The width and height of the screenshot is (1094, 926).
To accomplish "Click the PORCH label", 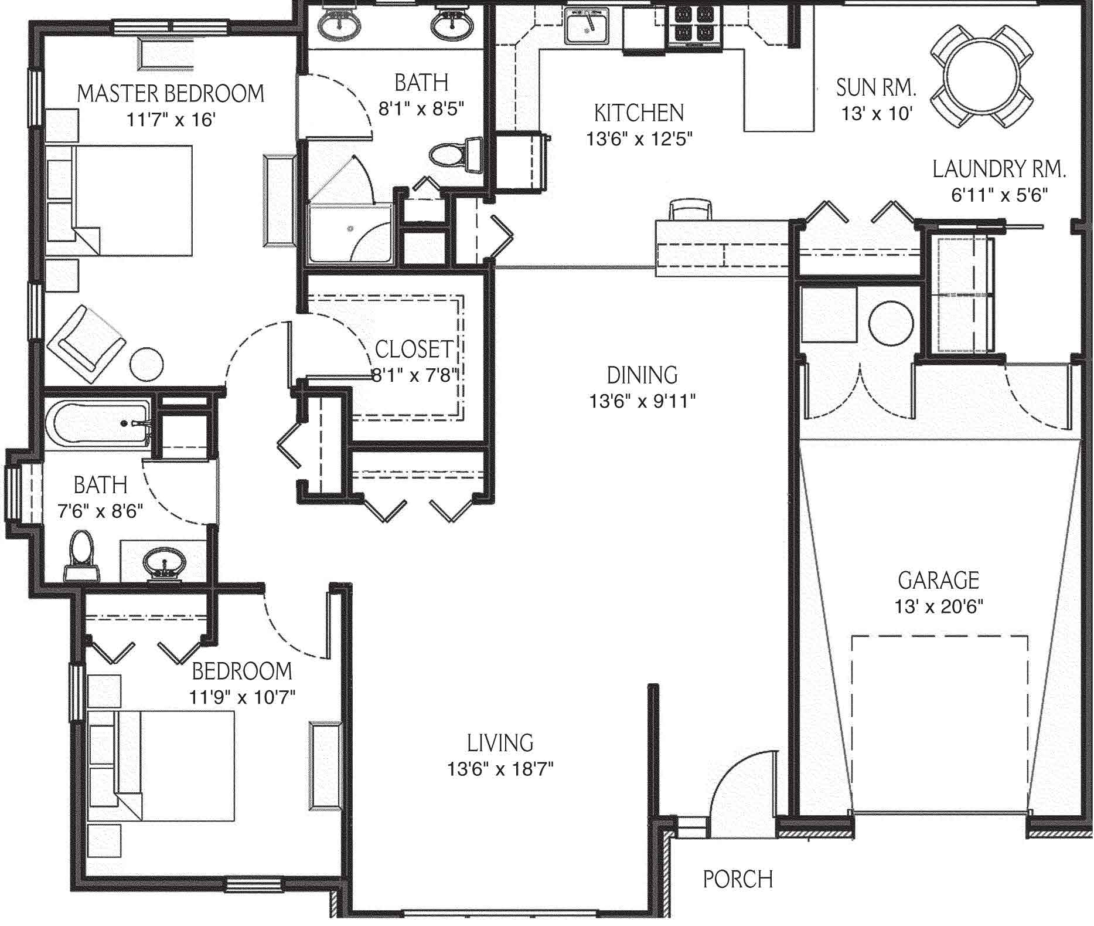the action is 738,878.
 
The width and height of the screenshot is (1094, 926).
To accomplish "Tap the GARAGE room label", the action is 938,580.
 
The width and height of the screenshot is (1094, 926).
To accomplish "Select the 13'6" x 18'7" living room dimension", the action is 500,769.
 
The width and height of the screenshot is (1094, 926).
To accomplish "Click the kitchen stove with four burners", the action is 694,26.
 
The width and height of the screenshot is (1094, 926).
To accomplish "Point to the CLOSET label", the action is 414,349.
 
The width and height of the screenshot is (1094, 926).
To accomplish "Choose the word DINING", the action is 642,375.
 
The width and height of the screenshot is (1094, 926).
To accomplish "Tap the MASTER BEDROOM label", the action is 171,93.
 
